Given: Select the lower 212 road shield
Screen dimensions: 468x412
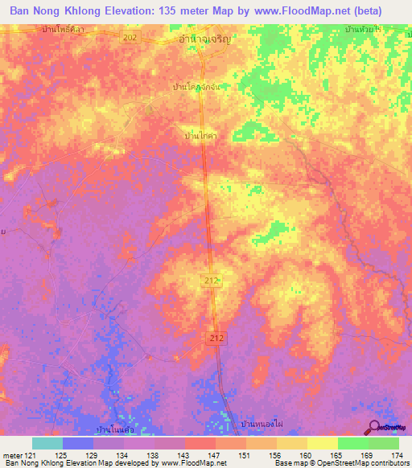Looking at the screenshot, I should (215, 338).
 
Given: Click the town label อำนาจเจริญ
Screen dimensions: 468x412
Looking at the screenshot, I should (204, 37).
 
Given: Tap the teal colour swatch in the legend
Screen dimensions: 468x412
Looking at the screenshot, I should (47, 443).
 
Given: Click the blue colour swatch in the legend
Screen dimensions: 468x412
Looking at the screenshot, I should (78, 443).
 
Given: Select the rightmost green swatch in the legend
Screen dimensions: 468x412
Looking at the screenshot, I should (384, 443).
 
